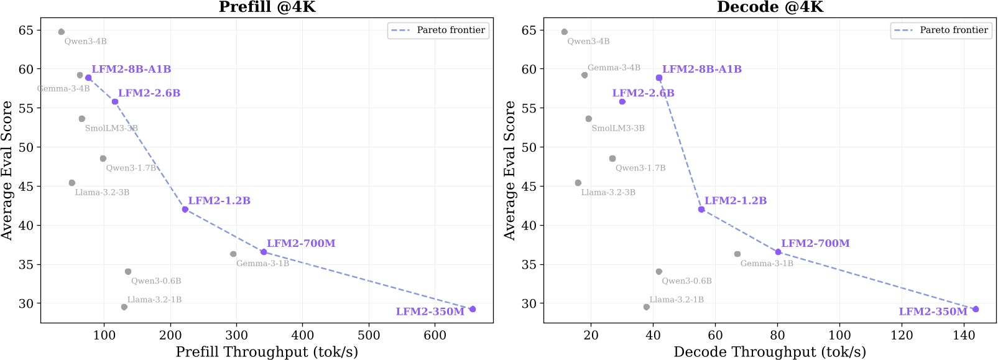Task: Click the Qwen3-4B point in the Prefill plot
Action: coord(61,32)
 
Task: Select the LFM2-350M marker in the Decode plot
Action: coord(976,309)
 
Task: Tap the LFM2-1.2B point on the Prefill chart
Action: coord(185,210)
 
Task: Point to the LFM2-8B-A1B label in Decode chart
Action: coord(701,69)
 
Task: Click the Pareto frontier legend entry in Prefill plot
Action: coord(438,30)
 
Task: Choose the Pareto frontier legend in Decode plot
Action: coord(941,30)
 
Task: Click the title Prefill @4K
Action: coord(267,7)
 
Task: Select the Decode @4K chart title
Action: coord(770,7)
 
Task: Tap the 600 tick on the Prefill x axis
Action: coord(435,335)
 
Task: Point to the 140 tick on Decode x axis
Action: coord(964,335)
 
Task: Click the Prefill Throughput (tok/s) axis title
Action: coord(267,352)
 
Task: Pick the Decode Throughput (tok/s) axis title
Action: coord(770,352)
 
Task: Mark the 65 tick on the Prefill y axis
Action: coord(25,30)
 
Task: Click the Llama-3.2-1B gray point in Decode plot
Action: coord(647,307)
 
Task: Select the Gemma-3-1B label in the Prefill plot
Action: coord(262,264)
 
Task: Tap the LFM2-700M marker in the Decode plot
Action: coord(778,252)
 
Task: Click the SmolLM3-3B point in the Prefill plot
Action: coord(82,119)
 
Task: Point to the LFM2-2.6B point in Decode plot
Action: coord(622,101)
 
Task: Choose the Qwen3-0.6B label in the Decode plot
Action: coord(686,281)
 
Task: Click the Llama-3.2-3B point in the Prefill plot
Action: coord(72,183)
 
